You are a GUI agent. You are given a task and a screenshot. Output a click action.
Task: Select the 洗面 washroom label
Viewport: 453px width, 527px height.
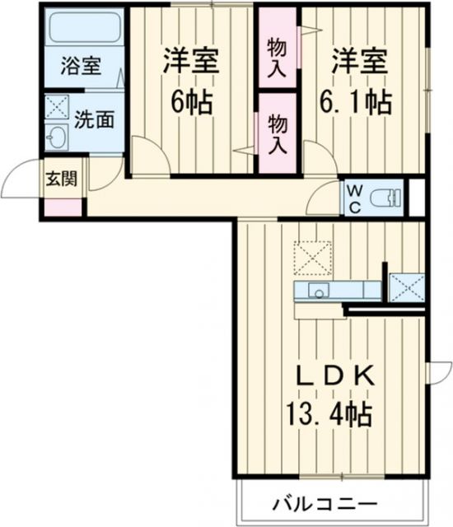click(x=96, y=119)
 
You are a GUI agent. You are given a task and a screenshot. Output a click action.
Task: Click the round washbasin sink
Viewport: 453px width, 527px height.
click(x=58, y=137)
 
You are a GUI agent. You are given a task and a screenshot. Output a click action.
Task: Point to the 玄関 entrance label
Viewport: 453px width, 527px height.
click(x=62, y=178)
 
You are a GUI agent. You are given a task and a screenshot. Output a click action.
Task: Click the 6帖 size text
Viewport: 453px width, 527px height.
click(x=190, y=102)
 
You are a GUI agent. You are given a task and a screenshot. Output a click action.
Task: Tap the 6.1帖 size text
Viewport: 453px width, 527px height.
click(x=356, y=102)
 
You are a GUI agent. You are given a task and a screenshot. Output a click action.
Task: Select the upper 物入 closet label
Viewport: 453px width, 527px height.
click(x=278, y=57)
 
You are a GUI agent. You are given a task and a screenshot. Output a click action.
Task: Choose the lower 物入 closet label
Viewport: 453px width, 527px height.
click(x=278, y=134)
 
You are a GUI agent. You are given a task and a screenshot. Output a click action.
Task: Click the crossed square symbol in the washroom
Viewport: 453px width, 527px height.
click(x=58, y=108)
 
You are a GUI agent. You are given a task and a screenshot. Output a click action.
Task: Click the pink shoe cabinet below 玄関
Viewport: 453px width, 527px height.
click(x=63, y=206)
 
